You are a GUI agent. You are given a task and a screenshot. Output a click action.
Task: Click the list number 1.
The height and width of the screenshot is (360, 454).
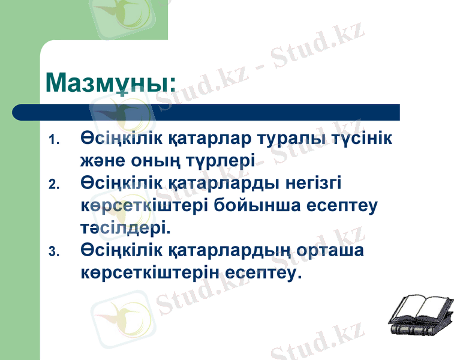(53, 140)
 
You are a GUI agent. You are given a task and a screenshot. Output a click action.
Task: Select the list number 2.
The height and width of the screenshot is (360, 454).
(53, 184)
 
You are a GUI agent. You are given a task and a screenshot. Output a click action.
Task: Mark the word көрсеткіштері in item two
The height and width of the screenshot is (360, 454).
(144, 205)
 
